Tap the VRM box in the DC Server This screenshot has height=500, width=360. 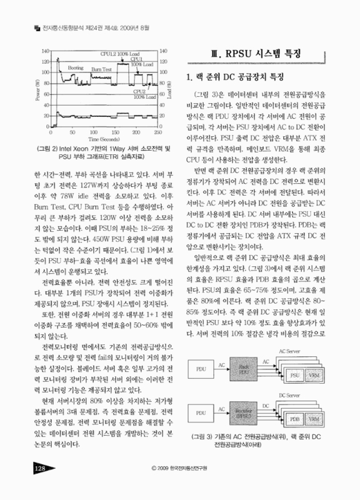pyautogui.click(x=317, y=417)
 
